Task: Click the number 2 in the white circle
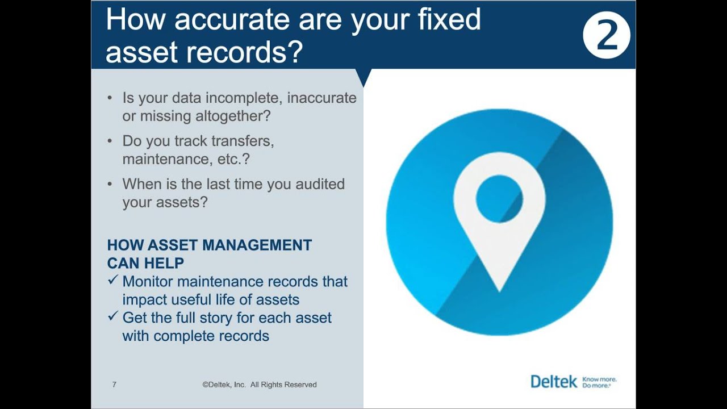(607, 36)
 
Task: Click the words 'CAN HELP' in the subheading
(145, 263)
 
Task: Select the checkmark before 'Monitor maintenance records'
(112, 280)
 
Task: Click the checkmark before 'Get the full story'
(112, 316)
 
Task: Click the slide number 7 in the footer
(114, 385)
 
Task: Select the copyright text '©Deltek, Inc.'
(224, 385)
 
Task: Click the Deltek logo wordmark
(553, 381)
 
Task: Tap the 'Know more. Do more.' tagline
(599, 382)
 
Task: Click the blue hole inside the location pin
(499, 199)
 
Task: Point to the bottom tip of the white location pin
(499, 290)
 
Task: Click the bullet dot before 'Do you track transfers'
(110, 141)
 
